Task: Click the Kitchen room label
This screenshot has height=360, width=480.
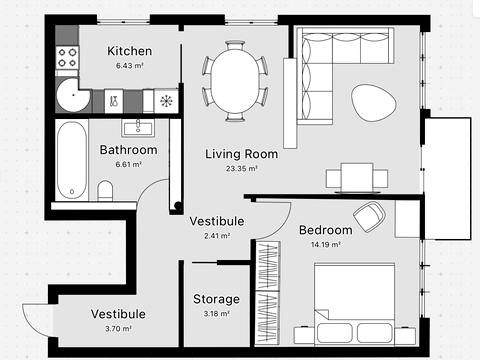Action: tap(129, 51)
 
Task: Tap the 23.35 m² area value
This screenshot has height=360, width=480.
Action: tap(242, 168)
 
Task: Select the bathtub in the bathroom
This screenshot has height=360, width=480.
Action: tap(72, 160)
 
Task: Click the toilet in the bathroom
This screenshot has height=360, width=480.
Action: tap(105, 190)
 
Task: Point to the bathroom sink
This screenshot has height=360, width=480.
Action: tap(138, 128)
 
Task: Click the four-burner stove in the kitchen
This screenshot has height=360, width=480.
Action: tap(67, 57)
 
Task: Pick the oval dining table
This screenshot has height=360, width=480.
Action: tap(235, 81)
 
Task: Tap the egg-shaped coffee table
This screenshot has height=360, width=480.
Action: tap(374, 103)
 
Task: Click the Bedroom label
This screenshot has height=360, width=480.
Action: tap(326, 230)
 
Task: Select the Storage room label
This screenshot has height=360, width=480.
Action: tap(216, 299)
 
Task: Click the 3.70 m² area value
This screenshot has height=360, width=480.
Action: tap(118, 328)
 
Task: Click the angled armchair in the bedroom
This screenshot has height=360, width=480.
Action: tap(369, 217)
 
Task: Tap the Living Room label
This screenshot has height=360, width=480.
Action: tap(241, 154)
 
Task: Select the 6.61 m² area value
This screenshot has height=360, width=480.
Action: tap(129, 164)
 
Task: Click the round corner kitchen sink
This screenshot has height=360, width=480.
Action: tap(73, 95)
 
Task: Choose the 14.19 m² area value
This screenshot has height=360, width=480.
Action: tap(326, 244)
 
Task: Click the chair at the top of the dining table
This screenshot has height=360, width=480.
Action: tap(235, 45)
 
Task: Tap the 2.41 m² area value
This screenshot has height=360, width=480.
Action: tap(217, 236)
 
